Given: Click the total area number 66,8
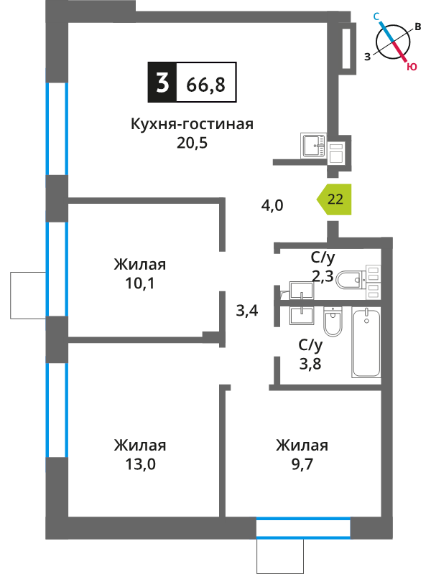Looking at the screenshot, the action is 205,85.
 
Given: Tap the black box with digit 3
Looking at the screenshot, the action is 162,82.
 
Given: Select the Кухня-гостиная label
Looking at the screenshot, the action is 192,124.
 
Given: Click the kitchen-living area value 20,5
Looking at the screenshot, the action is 192,143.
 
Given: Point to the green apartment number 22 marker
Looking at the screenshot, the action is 334,199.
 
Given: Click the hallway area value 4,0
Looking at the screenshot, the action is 272,205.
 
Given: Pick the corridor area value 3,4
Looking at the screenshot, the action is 247,311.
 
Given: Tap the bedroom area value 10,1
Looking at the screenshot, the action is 140,283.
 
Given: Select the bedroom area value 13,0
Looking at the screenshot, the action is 140,464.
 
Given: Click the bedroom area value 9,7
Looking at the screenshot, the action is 302,464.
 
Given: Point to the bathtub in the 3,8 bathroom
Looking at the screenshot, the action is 366,342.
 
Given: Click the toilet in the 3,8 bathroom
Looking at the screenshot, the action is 333,321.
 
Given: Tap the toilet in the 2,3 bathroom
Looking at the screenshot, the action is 352,280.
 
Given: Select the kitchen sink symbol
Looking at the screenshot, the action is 313,146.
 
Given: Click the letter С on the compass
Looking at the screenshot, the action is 376,16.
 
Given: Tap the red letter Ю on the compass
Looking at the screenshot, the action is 412,67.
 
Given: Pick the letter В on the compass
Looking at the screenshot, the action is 418,27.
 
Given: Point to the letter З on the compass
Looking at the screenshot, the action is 367,57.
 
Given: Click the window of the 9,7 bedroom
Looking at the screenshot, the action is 303,527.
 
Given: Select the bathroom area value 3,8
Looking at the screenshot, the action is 310,364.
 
